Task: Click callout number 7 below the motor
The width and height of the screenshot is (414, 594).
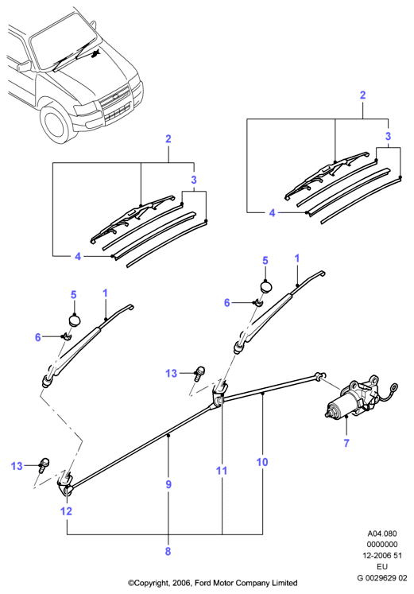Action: coord(346,442)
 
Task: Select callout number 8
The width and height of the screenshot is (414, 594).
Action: coord(168,551)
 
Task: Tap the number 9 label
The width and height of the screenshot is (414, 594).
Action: coord(168,484)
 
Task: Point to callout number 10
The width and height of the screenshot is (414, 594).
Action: coord(262,462)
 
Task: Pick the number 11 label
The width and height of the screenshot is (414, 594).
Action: coord(222,471)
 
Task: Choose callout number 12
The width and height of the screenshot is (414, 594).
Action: coord(66,511)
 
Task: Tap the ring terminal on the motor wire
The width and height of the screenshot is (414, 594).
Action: coord(393,388)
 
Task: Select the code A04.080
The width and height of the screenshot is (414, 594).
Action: coord(382,534)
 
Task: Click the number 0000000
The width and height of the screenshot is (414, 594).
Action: coord(382,545)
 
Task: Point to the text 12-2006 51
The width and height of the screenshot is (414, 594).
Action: coord(382,556)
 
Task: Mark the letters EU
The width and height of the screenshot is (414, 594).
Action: coord(382,567)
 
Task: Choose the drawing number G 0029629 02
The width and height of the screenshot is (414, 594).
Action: coord(382,578)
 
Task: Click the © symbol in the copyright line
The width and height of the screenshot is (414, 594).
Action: coord(131,583)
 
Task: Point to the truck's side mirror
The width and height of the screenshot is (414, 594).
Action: coord(24,66)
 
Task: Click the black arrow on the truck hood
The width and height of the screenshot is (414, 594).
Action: coord(95,53)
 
